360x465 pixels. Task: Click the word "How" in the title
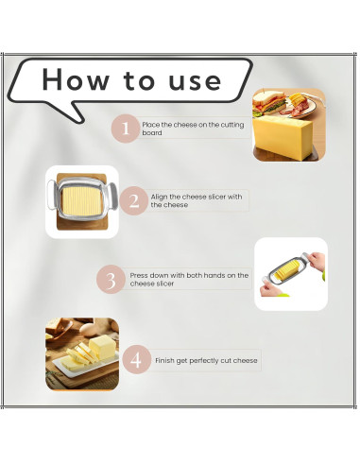[75, 79]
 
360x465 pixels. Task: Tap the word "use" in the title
[195, 81]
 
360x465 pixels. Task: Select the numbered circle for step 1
[126, 129]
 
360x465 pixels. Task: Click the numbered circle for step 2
[134, 200]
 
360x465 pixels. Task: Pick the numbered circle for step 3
[111, 280]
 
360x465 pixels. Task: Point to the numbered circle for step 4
[136, 359]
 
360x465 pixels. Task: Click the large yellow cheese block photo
[283, 137]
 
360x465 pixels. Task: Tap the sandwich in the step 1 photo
[269, 103]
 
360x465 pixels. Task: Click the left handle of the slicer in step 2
[51, 193]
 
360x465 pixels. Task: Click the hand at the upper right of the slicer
[317, 261]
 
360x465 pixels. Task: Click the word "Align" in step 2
[159, 198]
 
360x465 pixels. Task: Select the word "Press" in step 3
[138, 275]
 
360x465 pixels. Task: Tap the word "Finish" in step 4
[164, 360]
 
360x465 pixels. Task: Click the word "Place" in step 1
[150, 125]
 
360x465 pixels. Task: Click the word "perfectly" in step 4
[201, 361]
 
